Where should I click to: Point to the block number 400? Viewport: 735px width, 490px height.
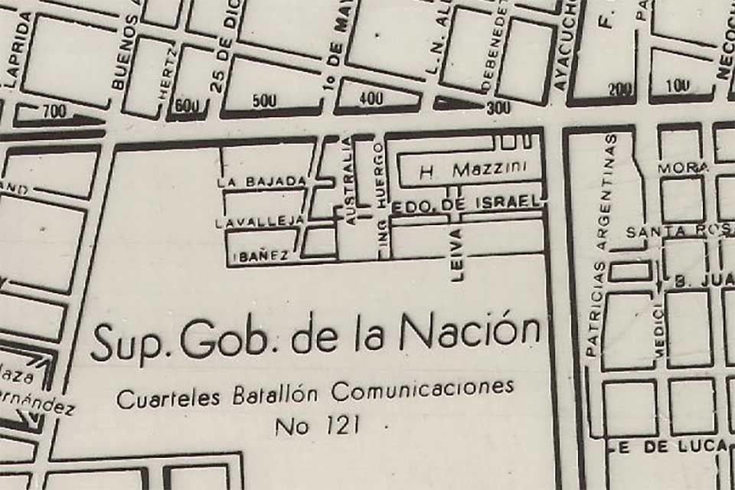click(x=371, y=99)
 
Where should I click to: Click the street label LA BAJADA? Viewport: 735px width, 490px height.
click(x=262, y=181)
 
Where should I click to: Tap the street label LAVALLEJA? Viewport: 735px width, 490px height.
click(x=260, y=222)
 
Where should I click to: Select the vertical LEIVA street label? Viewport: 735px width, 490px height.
click(x=458, y=256)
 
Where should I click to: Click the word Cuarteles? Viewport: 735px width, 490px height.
click(x=168, y=397)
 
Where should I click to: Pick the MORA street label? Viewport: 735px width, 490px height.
click(x=672, y=167)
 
